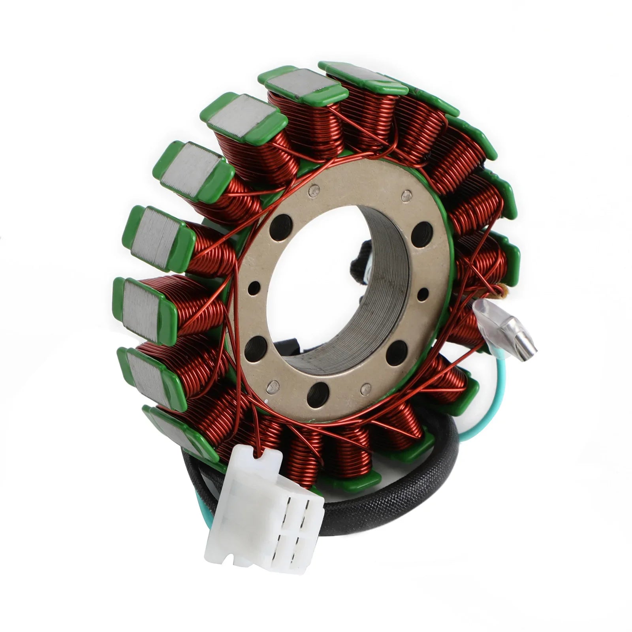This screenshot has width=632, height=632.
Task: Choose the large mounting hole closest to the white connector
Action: coord(318,395)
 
